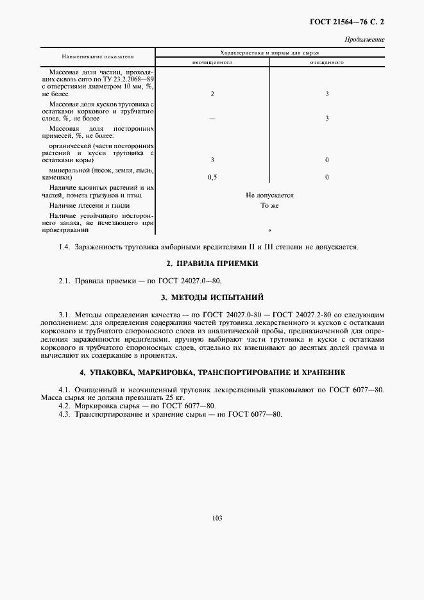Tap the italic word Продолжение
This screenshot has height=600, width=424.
364,40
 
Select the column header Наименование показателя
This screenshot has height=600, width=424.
98,57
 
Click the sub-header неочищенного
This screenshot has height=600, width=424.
212,62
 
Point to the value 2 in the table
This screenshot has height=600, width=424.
212,94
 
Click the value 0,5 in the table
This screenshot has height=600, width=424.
212,176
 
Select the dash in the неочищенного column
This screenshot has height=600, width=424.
212,118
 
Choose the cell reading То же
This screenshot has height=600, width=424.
269,206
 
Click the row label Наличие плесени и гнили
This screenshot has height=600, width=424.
89,206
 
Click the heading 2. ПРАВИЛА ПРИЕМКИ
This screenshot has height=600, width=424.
212,263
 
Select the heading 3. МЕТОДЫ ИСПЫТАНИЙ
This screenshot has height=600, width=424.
212,297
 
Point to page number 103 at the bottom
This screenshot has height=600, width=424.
212,518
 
